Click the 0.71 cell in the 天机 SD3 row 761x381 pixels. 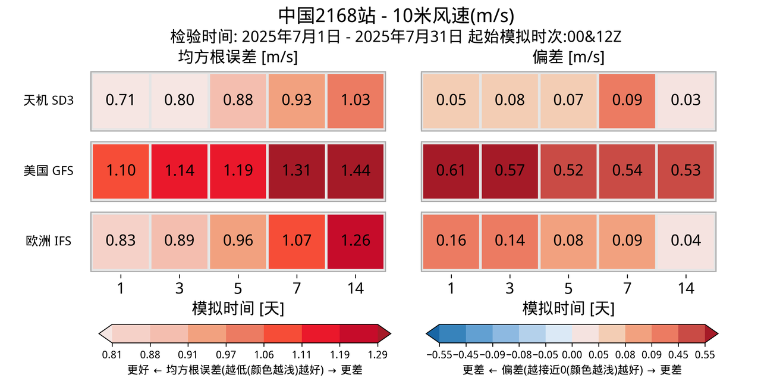[x=120, y=100]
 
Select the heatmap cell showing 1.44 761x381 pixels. [x=356, y=170]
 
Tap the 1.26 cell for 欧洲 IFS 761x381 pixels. [x=356, y=241]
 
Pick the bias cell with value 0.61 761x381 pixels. [x=451, y=170]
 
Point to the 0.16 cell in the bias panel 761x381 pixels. [x=451, y=241]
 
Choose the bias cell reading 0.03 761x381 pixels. [x=685, y=100]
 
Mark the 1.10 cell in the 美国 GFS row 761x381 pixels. [x=120, y=170]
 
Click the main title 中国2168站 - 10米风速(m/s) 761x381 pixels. [x=396, y=15]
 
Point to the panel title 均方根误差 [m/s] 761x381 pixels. [x=238, y=58]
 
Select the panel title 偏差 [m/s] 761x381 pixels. [x=568, y=58]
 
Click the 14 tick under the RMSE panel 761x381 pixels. [x=356, y=288]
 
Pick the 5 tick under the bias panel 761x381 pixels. [x=568, y=288]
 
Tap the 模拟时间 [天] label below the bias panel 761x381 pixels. [x=568, y=308]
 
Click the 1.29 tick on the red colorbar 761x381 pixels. [x=378, y=355]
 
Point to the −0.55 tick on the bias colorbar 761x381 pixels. [x=439, y=355]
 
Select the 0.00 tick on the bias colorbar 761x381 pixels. [x=572, y=355]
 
